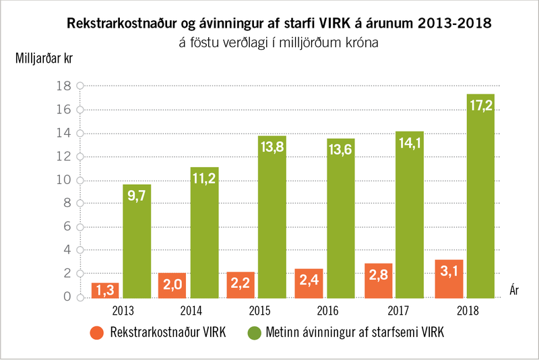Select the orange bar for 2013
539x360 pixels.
tap(104, 291)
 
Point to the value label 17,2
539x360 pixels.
tap(480, 106)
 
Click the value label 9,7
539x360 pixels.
tap(136, 196)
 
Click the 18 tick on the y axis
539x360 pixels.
tap(64, 86)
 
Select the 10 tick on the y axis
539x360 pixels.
tap(64, 180)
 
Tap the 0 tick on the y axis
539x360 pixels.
tap(67, 297)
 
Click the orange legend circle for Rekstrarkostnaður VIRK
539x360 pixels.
tap(97, 333)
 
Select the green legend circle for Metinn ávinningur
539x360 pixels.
tap(255, 333)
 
